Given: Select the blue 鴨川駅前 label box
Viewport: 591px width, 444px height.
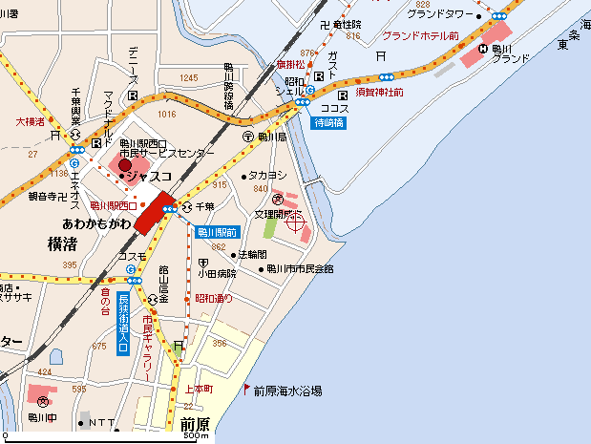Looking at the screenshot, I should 217,232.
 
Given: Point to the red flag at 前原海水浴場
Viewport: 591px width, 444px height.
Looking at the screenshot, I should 246,389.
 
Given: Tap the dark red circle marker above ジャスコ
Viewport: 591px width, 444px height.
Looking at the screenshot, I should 124,164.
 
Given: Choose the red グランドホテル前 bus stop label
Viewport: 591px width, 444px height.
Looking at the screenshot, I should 421,35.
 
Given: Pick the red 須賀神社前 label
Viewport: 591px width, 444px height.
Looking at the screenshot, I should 379,93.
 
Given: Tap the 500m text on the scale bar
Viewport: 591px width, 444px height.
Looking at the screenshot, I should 195,436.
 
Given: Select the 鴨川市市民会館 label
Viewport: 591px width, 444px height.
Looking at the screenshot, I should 301,269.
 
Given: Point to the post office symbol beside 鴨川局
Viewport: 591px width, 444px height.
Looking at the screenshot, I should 247,137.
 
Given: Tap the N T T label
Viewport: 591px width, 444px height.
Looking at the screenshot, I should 98,422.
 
